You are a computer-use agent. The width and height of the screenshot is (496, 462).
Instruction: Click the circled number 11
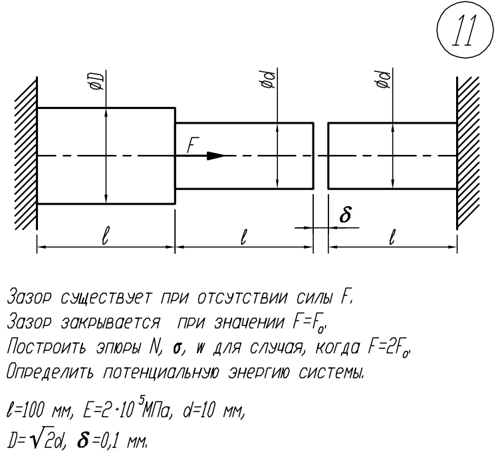[465, 30]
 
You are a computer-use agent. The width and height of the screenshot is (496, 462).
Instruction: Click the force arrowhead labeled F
[215, 156]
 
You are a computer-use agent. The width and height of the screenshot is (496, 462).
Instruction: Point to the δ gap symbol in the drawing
[346, 215]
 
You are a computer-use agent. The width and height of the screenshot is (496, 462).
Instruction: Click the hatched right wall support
[468, 153]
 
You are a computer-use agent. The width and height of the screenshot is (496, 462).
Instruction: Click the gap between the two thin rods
[320, 156]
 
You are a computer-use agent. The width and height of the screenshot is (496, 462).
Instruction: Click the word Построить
[47, 347]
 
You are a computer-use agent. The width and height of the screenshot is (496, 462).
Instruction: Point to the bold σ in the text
[177, 348]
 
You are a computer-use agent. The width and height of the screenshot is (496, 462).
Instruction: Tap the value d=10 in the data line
[201, 410]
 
